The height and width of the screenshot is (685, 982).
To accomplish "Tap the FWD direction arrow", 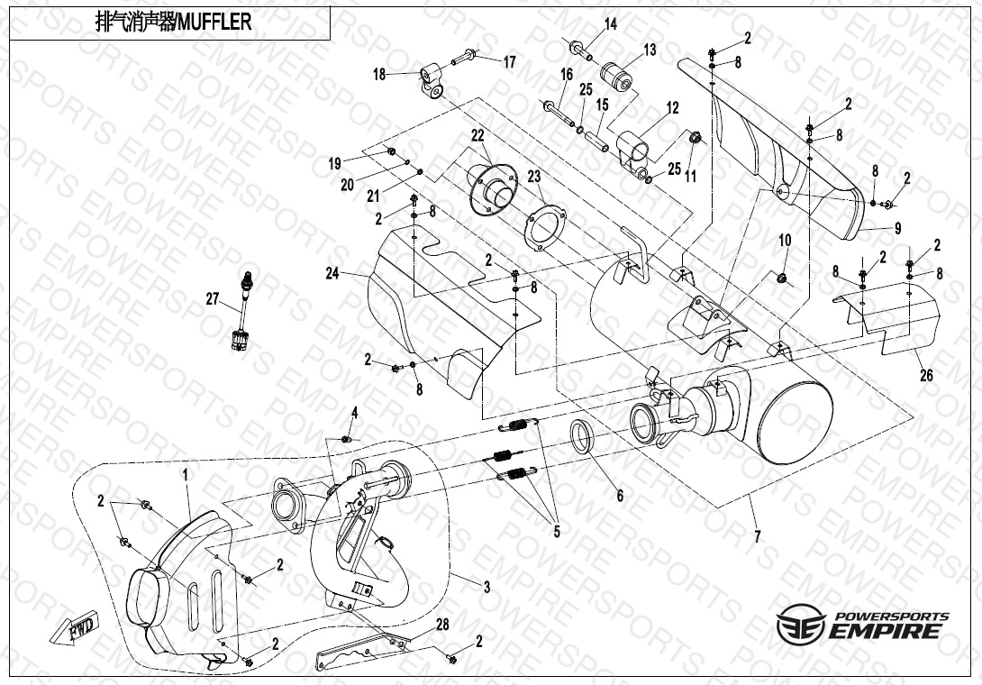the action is coord(75,627).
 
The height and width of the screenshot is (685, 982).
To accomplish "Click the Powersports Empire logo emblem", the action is coord(800,624).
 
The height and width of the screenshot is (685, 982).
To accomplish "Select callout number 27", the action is coord(213,299).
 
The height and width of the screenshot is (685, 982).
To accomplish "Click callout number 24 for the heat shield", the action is coord(332,273).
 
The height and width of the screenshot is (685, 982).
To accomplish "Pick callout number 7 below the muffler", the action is coord(757,536).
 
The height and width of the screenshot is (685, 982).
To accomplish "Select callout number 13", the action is coord(650,50).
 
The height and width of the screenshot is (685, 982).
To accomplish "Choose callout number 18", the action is coord(379,75).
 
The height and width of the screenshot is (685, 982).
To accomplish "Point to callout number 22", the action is coord(477,135).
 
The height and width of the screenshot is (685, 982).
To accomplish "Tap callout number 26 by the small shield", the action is coord(926,375).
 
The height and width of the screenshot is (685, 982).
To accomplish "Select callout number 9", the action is coord(897,228).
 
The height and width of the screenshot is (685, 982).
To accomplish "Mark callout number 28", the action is coord(442,625).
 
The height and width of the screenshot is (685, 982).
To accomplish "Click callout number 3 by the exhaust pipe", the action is coord(486,588).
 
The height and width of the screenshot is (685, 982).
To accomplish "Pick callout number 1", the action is coord(186,476).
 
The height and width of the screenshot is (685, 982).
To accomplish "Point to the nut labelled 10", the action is coord(782,278).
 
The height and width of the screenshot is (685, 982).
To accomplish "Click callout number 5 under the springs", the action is coord(556,532).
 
